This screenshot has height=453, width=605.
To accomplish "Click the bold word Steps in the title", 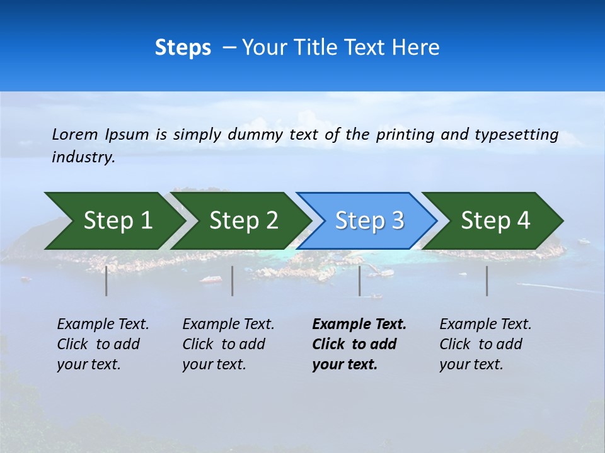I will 183,48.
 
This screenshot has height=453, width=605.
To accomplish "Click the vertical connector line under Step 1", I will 107,281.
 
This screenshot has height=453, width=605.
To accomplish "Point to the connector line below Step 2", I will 233,281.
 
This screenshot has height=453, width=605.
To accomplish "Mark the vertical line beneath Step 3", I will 360,281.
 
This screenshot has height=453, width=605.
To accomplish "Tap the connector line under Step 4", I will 487,281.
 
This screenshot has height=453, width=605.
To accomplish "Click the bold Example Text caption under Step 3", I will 359,344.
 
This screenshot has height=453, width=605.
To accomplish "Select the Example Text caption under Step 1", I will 103,344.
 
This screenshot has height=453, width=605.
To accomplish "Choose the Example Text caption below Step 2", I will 228,344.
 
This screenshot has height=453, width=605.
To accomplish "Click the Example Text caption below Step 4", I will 485,344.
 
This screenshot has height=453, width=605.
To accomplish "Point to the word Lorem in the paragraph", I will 75,135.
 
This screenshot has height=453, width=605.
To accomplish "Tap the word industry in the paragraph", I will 83,157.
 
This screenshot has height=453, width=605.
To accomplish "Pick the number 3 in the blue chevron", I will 397,221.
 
